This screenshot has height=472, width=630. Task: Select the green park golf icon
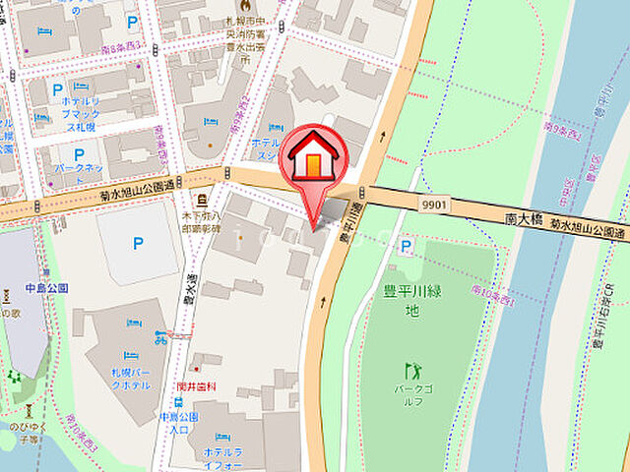[412, 371]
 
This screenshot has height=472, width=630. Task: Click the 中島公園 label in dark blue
[21, 288]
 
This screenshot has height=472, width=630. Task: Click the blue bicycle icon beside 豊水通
[160, 337]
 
